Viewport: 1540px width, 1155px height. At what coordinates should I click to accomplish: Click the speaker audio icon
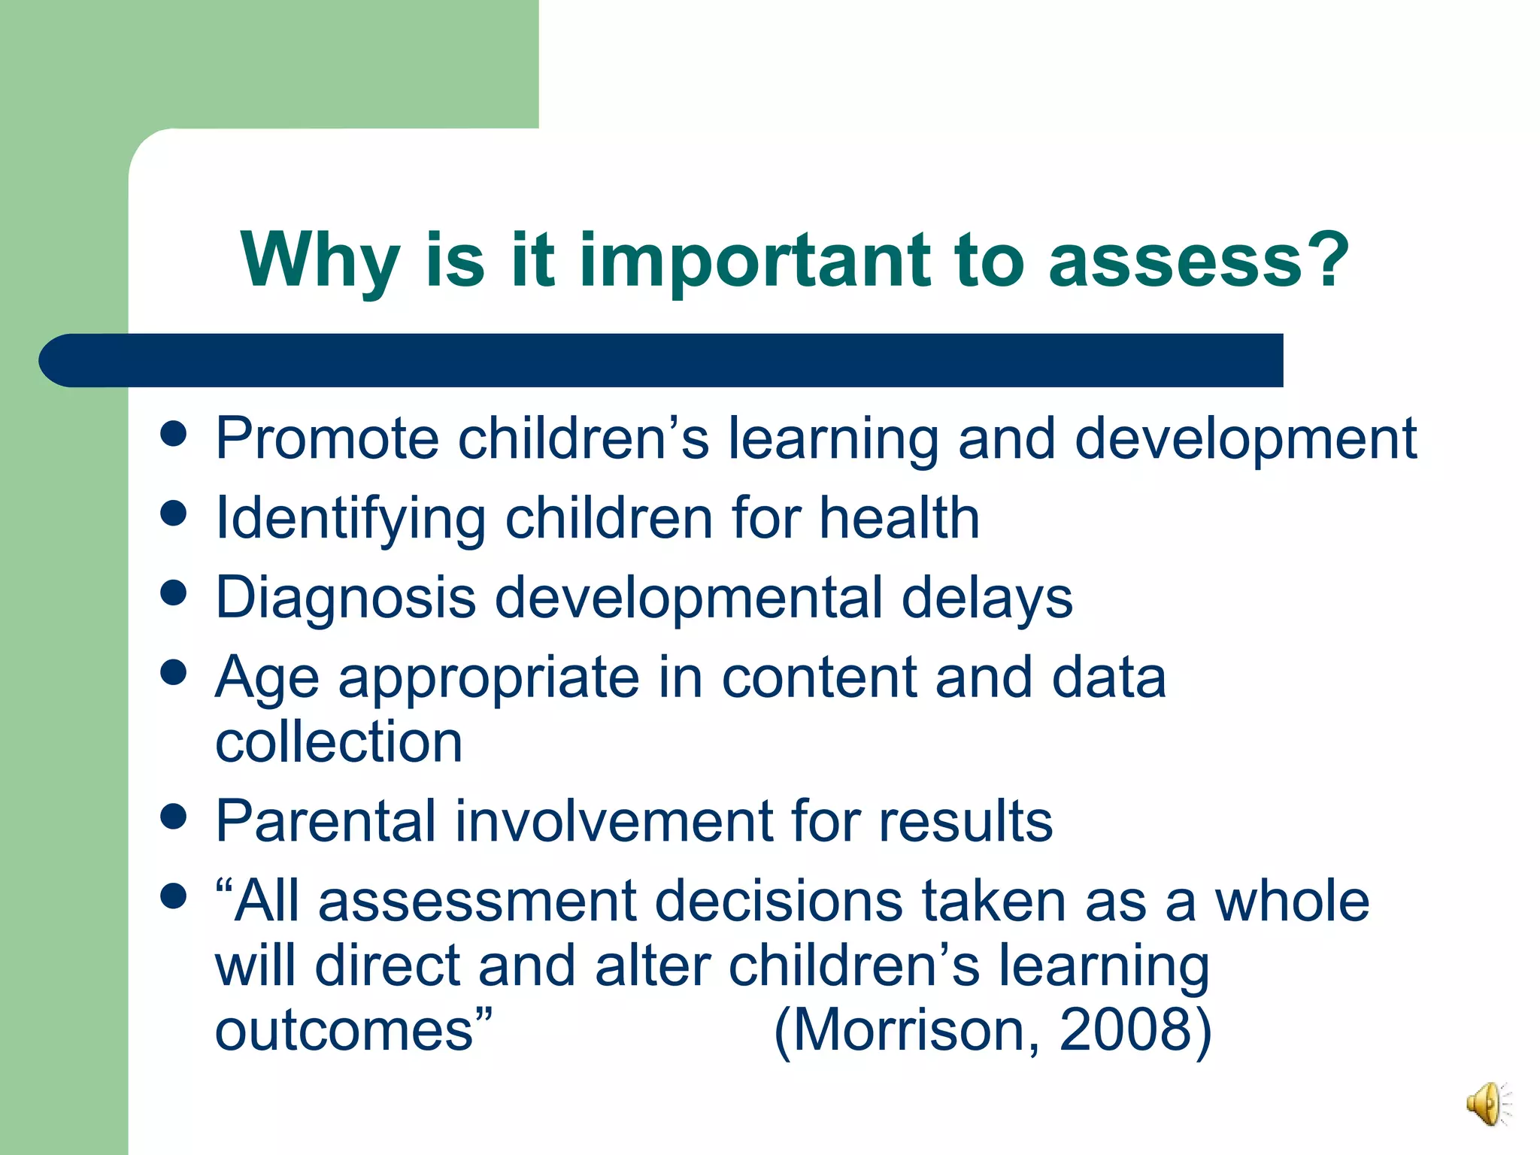pos(1487,1104)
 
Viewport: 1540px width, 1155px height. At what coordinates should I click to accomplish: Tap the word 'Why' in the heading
pos(320,261)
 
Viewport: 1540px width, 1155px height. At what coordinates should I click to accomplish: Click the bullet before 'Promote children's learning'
pos(174,434)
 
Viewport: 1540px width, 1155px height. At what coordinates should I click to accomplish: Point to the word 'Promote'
pos(326,438)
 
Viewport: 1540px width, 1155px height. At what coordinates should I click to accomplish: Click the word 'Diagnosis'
pos(345,598)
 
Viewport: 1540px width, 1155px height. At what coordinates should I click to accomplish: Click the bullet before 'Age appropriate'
pos(174,672)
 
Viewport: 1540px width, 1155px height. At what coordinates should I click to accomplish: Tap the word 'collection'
pos(338,741)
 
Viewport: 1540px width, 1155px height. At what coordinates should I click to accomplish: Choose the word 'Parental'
pos(326,820)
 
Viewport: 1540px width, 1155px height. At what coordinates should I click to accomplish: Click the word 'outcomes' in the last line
pos(344,1029)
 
